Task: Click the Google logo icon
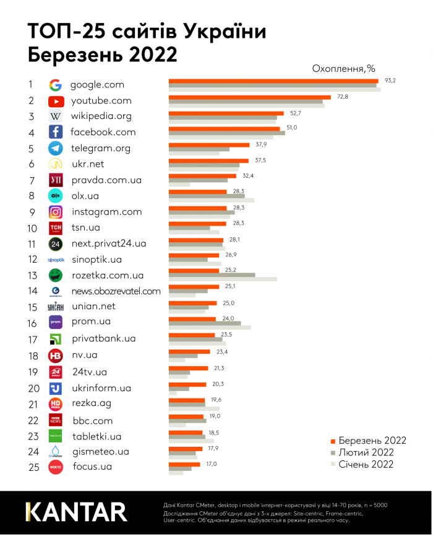click(56, 85)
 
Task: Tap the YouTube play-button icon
click(56, 101)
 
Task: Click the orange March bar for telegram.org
click(209, 144)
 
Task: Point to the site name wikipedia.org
click(101, 116)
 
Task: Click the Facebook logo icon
click(56, 132)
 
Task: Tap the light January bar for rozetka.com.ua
click(223, 279)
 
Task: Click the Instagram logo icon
click(56, 211)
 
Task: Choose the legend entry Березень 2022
click(372, 441)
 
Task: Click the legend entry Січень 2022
click(366, 464)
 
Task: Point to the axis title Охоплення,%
click(343, 68)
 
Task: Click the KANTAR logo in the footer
click(76, 512)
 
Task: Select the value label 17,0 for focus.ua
click(211, 462)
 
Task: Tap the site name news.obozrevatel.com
click(115, 291)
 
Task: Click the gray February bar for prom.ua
click(205, 323)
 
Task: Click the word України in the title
click(223, 32)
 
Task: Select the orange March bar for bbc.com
click(186, 416)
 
